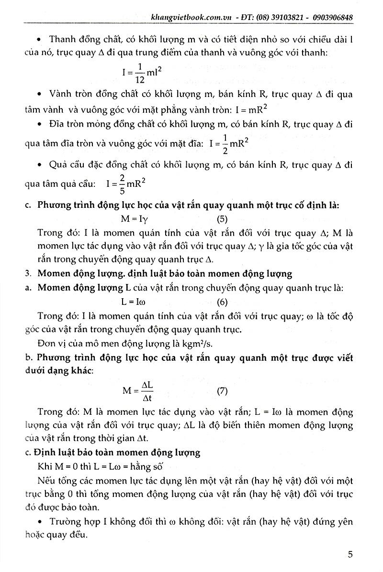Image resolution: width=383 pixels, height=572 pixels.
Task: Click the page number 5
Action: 350,555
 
